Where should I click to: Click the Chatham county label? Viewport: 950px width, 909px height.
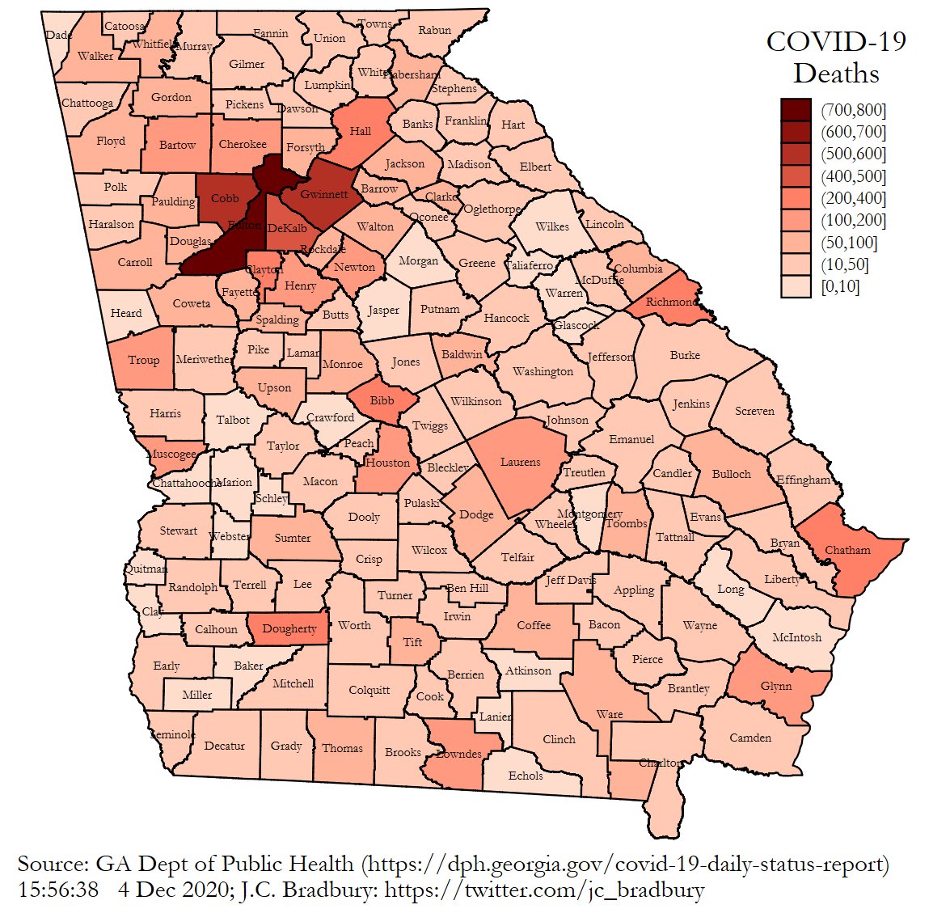click(x=847, y=550)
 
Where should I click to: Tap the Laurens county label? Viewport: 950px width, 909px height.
click(x=520, y=463)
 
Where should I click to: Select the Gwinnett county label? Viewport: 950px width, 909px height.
click(x=323, y=194)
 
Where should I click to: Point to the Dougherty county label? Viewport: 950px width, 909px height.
click(x=289, y=628)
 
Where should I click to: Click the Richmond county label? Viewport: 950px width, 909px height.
click(x=671, y=302)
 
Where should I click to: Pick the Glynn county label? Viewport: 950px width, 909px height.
click(x=776, y=686)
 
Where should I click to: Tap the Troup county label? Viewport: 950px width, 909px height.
click(x=144, y=360)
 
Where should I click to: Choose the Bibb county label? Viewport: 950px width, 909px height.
click(x=382, y=400)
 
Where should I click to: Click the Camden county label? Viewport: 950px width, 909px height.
click(x=750, y=738)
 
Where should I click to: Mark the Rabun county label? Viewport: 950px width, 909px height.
click(x=435, y=31)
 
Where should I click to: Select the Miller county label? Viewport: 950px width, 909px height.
click(x=197, y=695)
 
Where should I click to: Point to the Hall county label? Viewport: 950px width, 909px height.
click(x=361, y=131)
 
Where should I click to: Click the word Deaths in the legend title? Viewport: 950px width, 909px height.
click(x=835, y=74)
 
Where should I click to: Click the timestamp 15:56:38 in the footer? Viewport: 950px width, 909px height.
click(x=57, y=890)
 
